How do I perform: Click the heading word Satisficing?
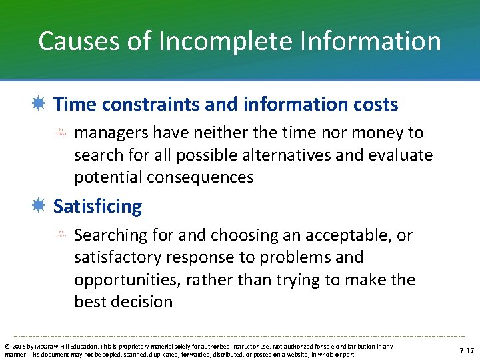tap(97, 207)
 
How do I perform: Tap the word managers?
tap(111, 133)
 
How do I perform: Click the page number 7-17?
tap(467, 351)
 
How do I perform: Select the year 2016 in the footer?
tap(16, 347)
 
